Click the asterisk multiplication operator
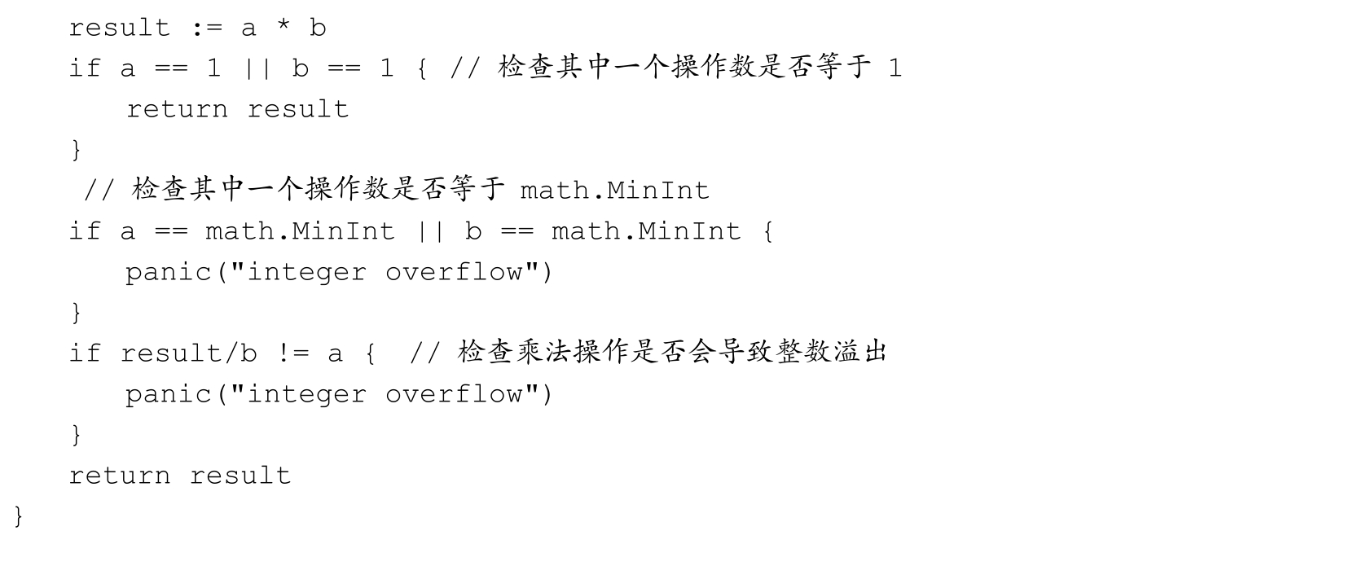point(284,25)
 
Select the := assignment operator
point(208,28)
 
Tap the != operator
point(293,353)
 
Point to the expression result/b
point(188,353)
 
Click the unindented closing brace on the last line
point(18,516)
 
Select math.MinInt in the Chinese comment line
point(614,191)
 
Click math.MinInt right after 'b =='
point(646,231)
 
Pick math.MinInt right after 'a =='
point(300,231)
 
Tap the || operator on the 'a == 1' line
point(257,68)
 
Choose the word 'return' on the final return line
point(120,476)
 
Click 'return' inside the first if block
point(177,109)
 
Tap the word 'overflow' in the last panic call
point(454,394)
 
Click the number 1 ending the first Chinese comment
point(894,68)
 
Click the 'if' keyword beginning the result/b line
point(84,353)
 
